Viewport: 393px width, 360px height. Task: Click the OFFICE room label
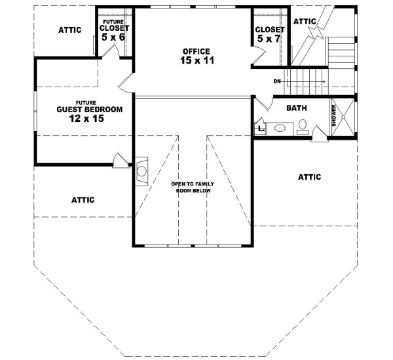tap(196, 51)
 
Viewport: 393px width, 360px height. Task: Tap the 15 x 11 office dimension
tap(196, 61)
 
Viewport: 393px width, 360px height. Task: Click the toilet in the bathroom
tap(303, 127)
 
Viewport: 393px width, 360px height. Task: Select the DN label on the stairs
tap(278, 81)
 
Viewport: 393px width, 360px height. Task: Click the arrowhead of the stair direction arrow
tap(324, 81)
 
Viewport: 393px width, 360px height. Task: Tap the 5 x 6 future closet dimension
tap(113, 37)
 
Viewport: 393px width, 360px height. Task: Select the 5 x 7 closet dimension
tap(269, 40)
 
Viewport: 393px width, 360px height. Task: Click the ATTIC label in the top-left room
tap(70, 30)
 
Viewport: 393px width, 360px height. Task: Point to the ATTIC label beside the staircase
tap(305, 22)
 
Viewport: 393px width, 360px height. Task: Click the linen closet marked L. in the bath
tap(260, 129)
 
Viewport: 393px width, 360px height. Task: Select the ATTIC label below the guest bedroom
tap(83, 200)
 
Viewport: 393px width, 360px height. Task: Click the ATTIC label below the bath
tap(309, 176)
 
